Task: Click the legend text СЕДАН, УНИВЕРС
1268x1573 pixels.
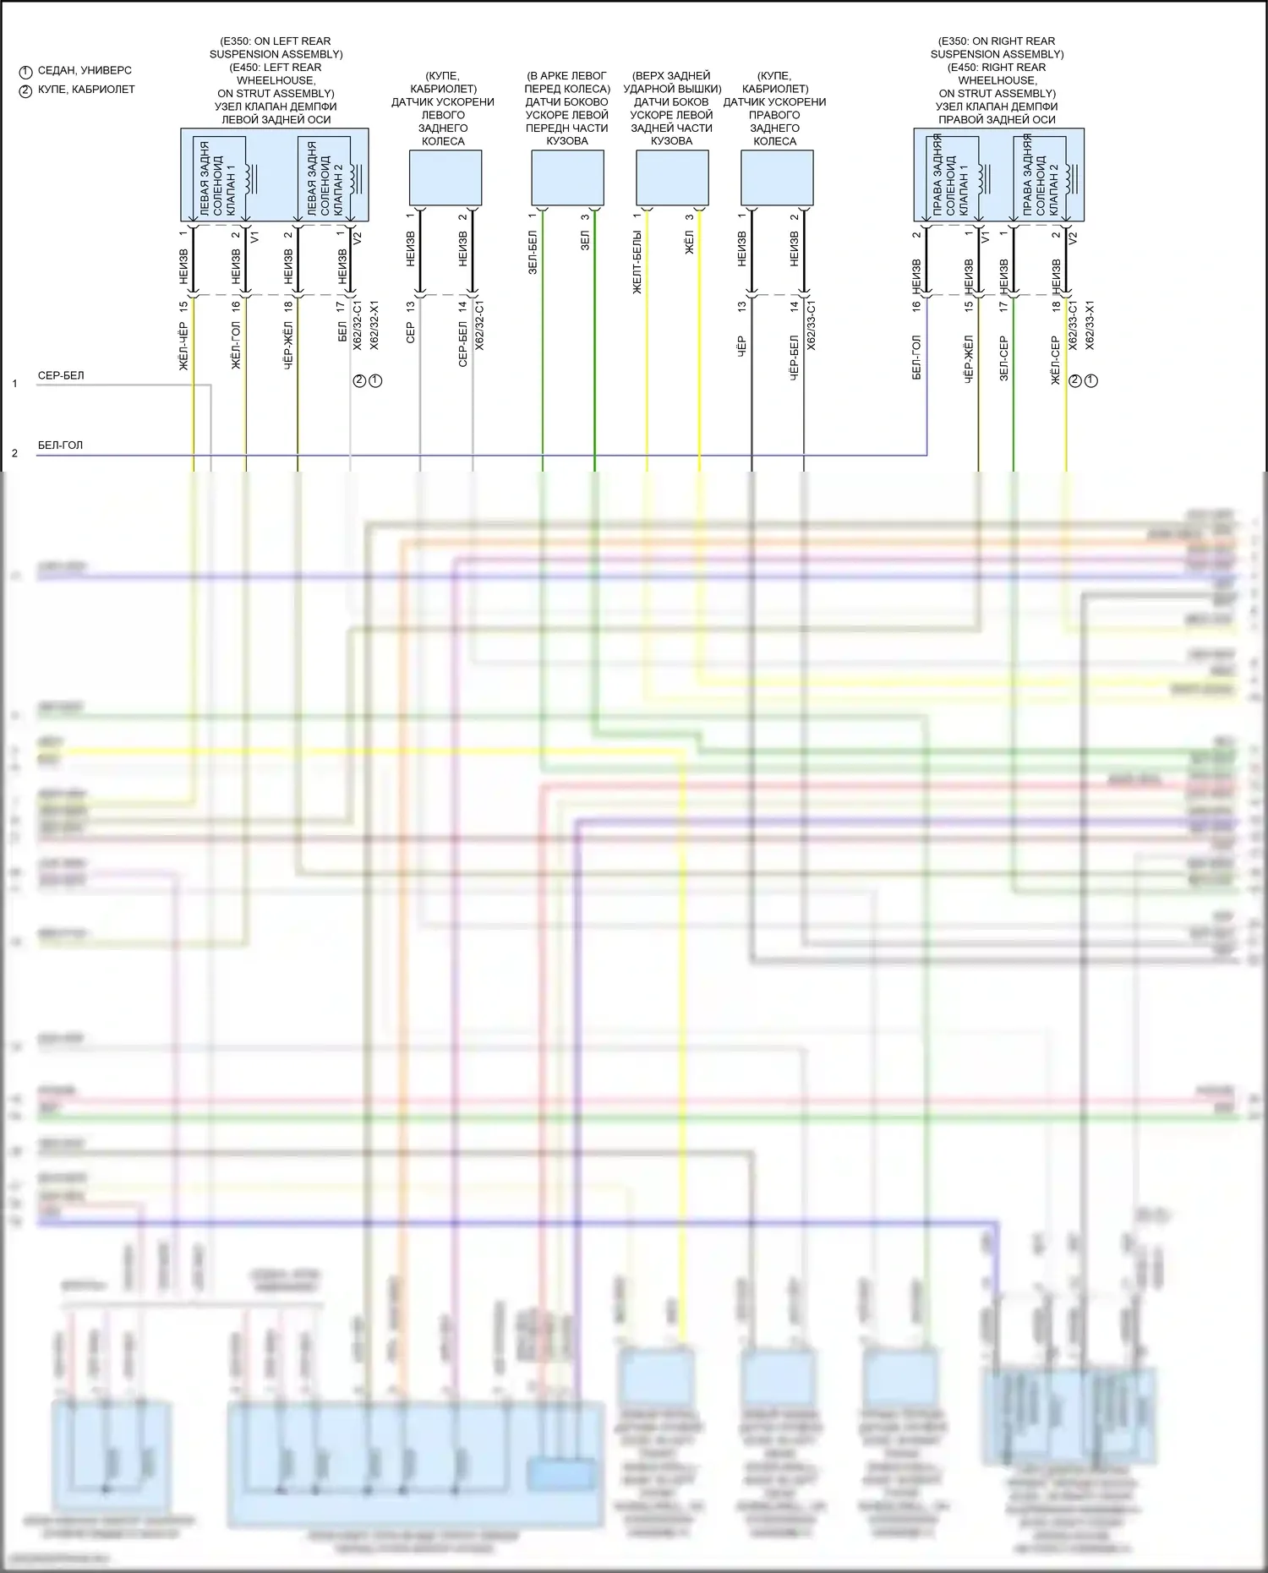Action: coord(85,70)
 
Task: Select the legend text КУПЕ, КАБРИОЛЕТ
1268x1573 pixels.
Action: coord(86,89)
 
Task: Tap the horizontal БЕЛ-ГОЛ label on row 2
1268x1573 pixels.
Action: coord(60,445)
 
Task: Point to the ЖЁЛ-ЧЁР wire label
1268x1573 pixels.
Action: coord(183,347)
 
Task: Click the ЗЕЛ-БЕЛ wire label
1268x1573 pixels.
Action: coord(533,253)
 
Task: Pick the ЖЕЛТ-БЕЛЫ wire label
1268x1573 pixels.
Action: coord(637,262)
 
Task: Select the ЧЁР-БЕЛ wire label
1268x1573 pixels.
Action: coord(795,358)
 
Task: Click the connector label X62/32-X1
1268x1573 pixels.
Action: coord(374,325)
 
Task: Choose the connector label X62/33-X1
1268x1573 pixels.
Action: coord(1090,325)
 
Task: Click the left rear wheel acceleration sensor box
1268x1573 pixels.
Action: coord(445,178)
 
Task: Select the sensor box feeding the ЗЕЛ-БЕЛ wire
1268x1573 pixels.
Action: coord(567,178)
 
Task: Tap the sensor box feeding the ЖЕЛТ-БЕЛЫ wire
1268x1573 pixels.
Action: coord(672,178)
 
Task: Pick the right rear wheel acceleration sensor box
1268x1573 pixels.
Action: coord(777,178)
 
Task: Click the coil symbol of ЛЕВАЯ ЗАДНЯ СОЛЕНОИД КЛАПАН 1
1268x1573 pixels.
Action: coord(251,178)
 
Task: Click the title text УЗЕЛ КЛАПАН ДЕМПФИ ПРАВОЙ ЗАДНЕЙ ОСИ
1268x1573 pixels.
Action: coord(997,113)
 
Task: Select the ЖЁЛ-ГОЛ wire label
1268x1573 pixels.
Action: coord(236,345)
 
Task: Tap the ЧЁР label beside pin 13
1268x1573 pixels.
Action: coord(741,345)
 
